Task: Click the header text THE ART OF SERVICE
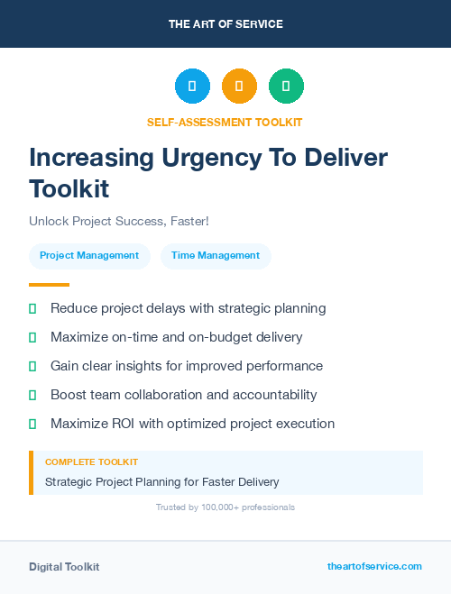(225, 24)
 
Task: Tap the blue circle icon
(192, 87)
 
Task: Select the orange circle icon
(239, 87)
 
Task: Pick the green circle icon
(286, 87)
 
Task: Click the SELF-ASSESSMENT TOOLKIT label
(225, 122)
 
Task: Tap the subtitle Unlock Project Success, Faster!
(119, 221)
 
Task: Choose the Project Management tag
(89, 255)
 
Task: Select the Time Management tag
(216, 255)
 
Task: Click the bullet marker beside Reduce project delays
(32, 308)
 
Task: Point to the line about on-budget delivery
(177, 337)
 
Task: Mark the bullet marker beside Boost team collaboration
(32, 395)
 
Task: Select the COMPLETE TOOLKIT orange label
(91, 461)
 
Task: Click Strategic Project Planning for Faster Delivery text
(162, 482)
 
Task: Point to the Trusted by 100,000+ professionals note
(225, 507)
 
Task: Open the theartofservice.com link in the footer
(374, 566)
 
